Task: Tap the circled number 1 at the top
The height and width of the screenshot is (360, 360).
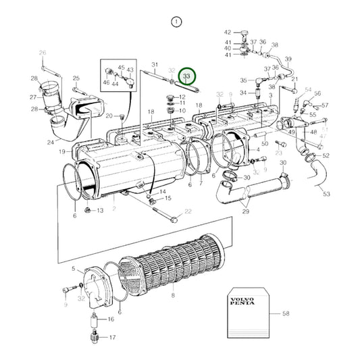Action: (176, 22)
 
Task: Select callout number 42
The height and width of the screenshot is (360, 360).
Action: (228, 32)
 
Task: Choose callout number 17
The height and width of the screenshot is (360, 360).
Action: (112, 337)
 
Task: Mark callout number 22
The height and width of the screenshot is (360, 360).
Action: (188, 213)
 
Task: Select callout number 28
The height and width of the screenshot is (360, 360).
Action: (33, 79)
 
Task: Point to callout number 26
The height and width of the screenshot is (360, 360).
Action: (42, 53)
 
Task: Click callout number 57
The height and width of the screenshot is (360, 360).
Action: (324, 105)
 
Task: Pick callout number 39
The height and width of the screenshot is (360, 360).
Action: (288, 59)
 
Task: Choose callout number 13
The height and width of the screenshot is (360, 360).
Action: (100, 211)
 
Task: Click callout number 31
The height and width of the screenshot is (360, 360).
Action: (155, 64)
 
